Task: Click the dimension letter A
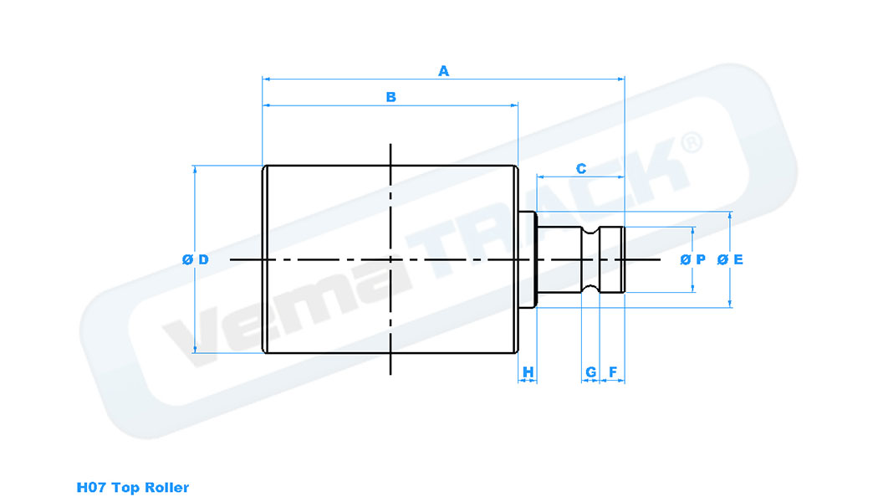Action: coord(444,72)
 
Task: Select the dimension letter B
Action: coord(391,98)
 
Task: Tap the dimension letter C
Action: coord(581,169)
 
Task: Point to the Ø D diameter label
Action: coord(195,259)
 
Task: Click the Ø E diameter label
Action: coord(730,259)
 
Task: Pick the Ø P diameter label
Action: coord(693,259)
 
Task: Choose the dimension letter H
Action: coord(528,371)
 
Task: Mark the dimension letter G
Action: coord(590,371)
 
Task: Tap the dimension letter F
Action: coord(613,371)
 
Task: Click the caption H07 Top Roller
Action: coord(133,487)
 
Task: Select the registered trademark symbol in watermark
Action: coord(692,142)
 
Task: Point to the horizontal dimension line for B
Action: coord(334,106)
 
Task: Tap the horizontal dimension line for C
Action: coord(560,177)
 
